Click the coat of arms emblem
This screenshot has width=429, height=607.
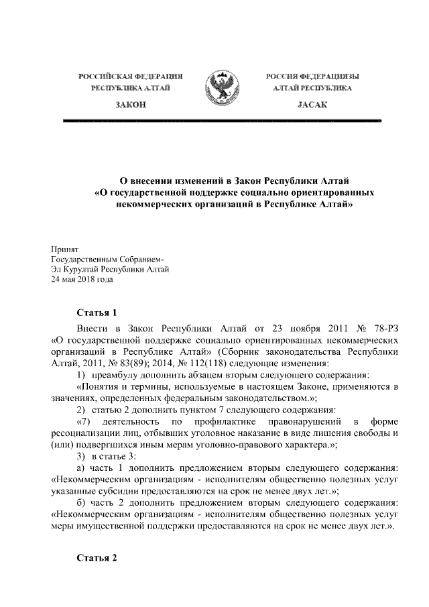pos(223,89)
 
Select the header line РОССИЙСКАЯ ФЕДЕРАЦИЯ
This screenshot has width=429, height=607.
pos(130,77)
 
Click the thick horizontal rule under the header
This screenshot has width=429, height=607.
pos(221,121)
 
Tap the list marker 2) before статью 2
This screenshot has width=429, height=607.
pos(81,409)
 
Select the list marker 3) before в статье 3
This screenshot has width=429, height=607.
pos(81,456)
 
